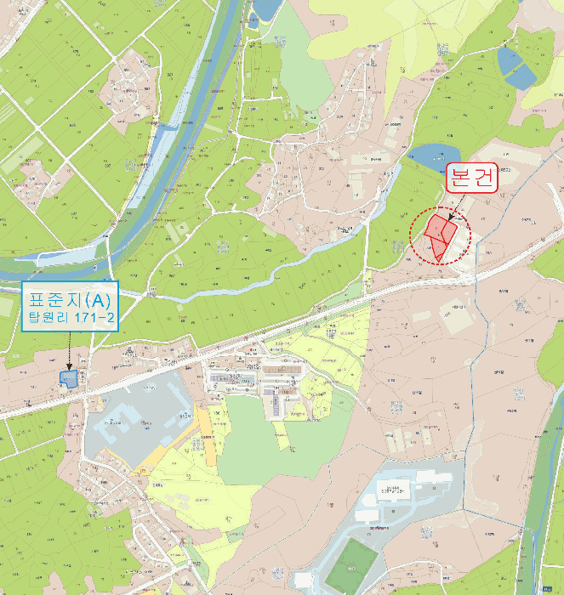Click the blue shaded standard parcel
pyautogui.click(x=68, y=376)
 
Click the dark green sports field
pyautogui.click(x=350, y=564)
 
